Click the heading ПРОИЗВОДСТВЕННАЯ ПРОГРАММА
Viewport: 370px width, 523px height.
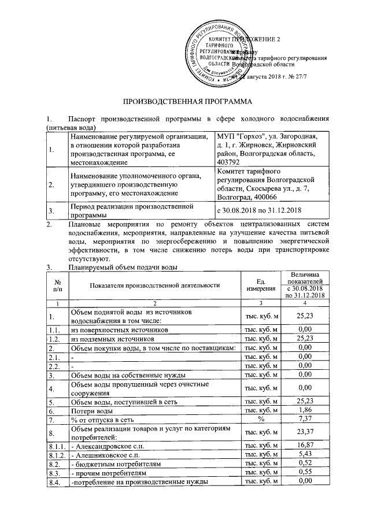(x=184, y=101)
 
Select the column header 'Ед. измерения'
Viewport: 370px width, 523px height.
(x=261, y=284)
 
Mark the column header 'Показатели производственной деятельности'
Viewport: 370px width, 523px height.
(x=156, y=284)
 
